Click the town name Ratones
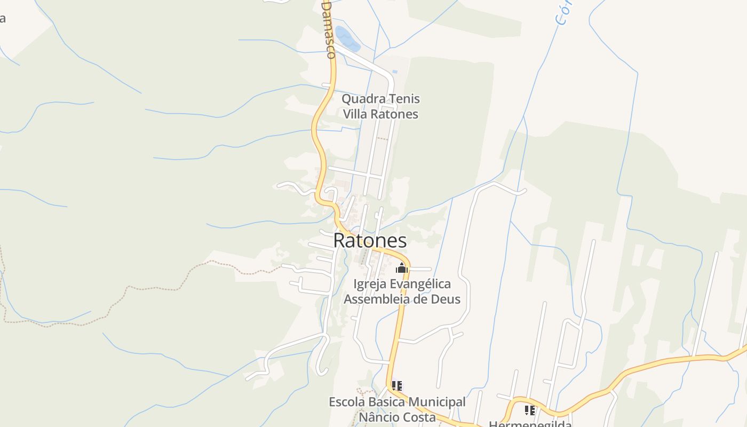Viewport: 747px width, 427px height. (x=370, y=241)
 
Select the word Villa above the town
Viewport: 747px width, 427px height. (x=355, y=114)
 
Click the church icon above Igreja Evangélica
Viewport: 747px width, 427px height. (x=402, y=268)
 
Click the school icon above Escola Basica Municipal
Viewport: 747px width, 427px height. (x=396, y=385)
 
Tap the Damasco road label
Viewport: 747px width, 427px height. (x=329, y=29)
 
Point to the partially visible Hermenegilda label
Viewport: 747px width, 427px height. (x=530, y=424)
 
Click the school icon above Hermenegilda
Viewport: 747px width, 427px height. (x=530, y=410)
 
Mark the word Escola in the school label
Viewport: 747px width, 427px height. (x=345, y=402)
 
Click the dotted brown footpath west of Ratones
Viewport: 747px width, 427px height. (x=160, y=289)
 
